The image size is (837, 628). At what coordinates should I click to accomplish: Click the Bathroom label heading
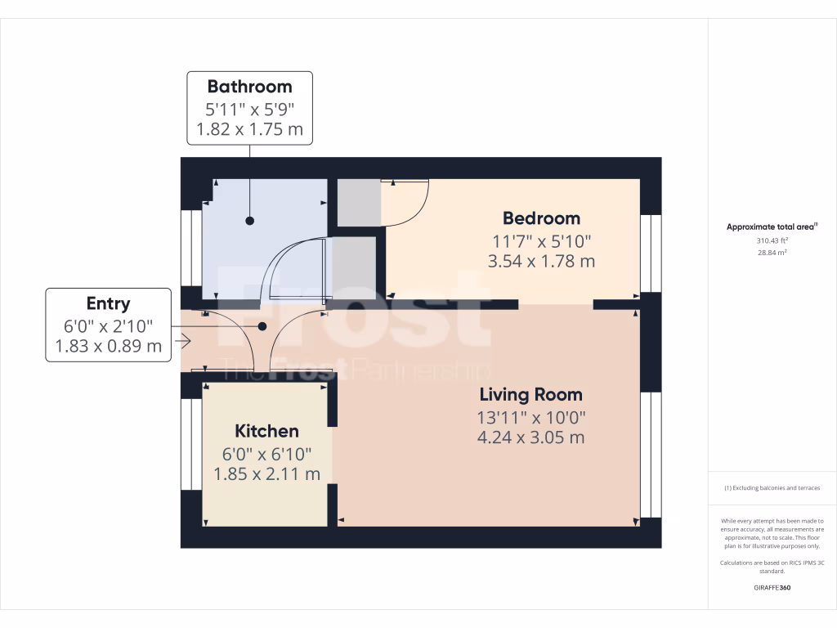[x=249, y=87]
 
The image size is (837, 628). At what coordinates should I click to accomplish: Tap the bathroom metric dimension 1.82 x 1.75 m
[x=249, y=129]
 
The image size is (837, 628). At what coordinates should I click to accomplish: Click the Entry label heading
[x=108, y=304]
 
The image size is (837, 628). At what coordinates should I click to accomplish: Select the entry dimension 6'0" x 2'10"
[x=108, y=325]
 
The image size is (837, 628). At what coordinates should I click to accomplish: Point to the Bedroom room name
[x=541, y=218]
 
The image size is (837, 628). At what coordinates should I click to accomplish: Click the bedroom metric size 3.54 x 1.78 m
[x=541, y=262]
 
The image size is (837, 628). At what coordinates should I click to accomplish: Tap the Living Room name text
[x=530, y=395]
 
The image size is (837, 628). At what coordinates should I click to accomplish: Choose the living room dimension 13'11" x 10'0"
[x=530, y=417]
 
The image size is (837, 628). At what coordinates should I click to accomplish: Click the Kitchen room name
[x=266, y=431]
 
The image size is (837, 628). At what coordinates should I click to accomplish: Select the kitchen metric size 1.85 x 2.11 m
[x=266, y=474]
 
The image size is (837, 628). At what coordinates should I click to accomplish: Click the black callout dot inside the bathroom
[x=249, y=221]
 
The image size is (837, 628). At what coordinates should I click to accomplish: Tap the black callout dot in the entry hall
[x=262, y=326]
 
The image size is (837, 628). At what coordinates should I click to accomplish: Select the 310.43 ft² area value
[x=772, y=241]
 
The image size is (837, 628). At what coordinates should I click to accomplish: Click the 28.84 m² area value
[x=772, y=253]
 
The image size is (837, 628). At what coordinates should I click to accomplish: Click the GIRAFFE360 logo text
[x=772, y=587]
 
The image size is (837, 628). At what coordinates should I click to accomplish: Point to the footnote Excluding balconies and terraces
[x=772, y=488]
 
